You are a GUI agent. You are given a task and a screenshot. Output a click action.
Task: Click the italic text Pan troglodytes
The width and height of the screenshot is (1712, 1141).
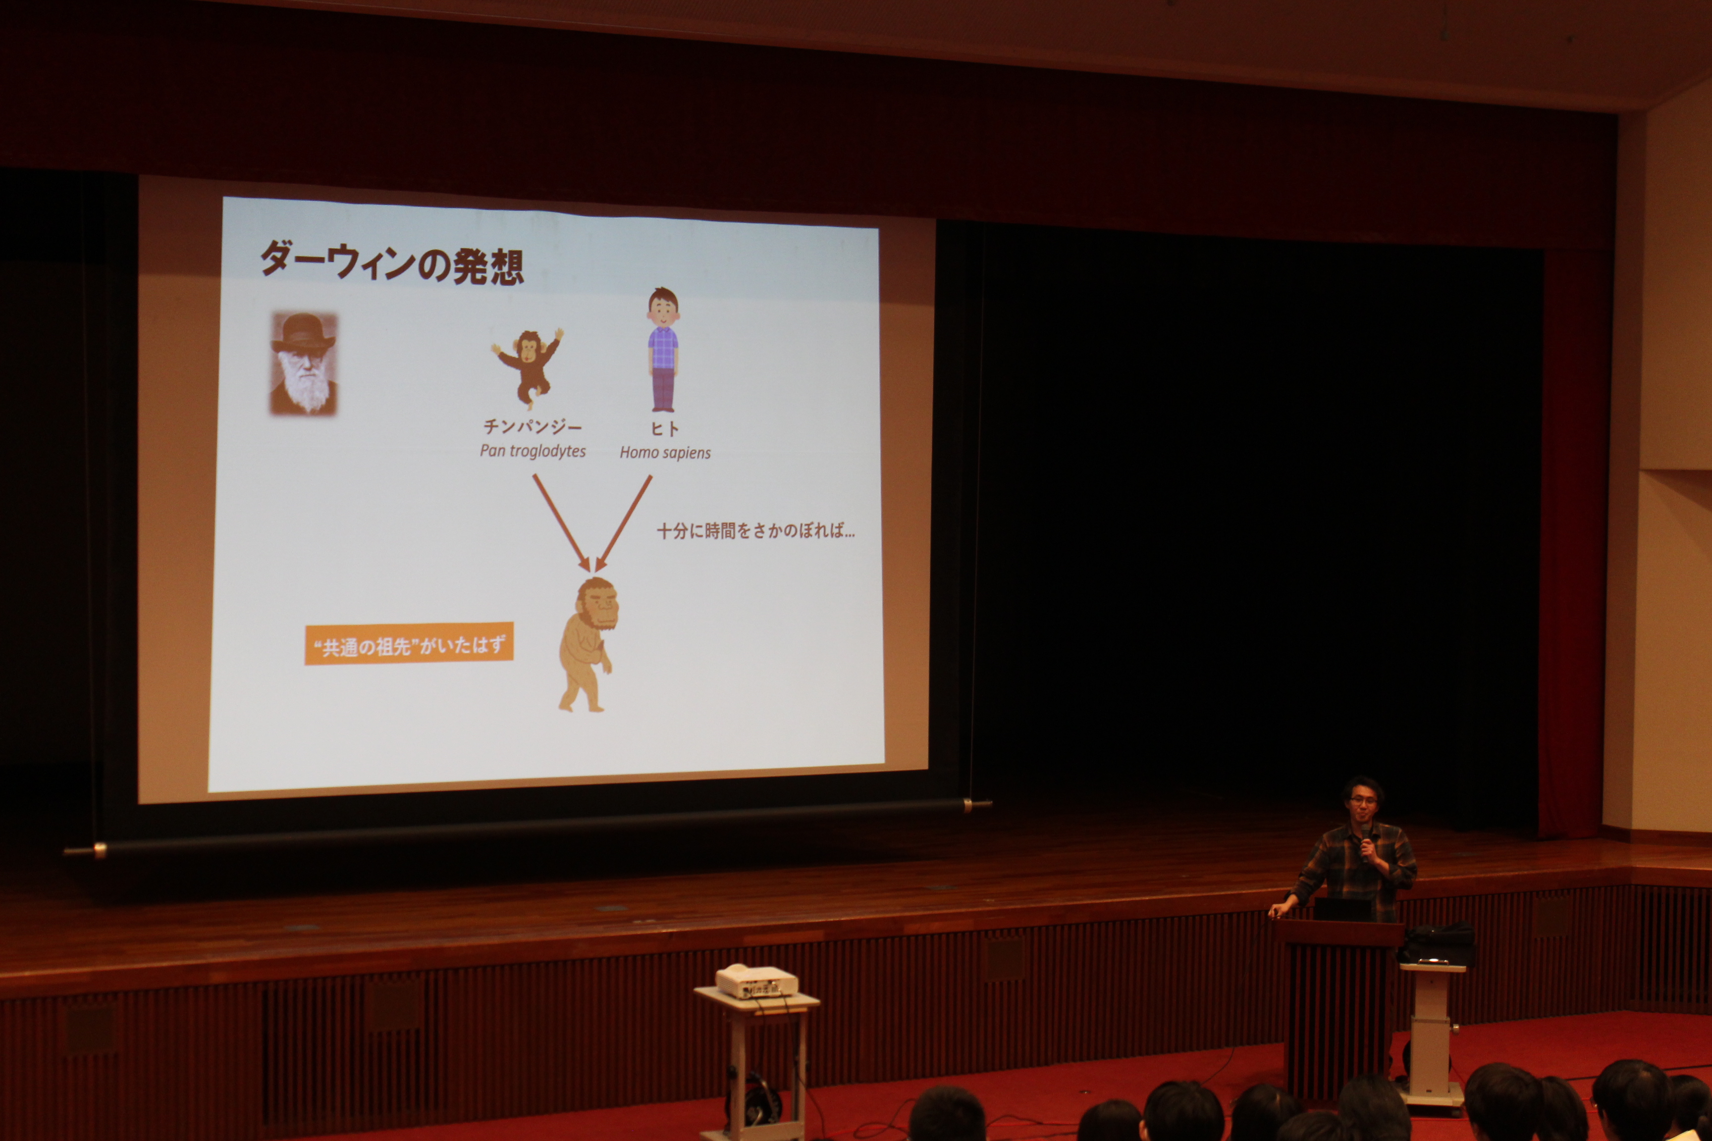(x=533, y=451)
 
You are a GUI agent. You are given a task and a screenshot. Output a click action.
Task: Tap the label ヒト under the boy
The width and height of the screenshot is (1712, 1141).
(x=665, y=428)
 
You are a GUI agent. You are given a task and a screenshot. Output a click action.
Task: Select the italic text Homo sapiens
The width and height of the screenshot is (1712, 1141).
(x=665, y=453)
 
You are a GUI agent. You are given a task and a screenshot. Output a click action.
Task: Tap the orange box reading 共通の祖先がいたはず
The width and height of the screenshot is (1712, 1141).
(x=409, y=644)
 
